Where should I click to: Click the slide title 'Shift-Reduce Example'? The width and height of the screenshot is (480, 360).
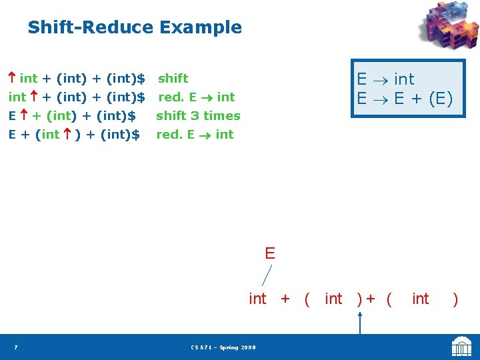coord(135,27)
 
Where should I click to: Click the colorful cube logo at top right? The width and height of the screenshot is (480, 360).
coord(448,27)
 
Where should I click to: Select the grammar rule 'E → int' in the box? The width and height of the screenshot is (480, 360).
coord(385,79)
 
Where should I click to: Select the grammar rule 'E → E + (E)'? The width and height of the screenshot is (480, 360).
coord(404,99)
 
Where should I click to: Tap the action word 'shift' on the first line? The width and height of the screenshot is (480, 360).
coord(173,79)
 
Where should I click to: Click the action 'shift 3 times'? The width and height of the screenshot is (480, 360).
coord(198,116)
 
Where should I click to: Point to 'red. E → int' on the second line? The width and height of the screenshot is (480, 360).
coord(196,97)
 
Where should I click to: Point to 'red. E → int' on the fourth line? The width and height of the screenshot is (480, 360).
coord(195,135)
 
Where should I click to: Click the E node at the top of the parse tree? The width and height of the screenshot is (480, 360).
coord(269,253)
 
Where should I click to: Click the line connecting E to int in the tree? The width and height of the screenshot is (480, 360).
coord(267,275)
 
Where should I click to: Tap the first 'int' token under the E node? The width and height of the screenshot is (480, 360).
coord(257,299)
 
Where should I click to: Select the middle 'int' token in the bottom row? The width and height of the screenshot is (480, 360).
coord(333,299)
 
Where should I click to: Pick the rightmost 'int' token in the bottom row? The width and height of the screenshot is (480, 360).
coord(421,299)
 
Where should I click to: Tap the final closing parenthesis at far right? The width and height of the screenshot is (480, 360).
coord(455,299)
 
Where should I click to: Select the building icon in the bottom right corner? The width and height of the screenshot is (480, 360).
coord(461,347)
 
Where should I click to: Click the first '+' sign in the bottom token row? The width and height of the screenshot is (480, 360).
coord(285,299)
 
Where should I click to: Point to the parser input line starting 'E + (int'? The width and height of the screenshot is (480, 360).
coord(73,135)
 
